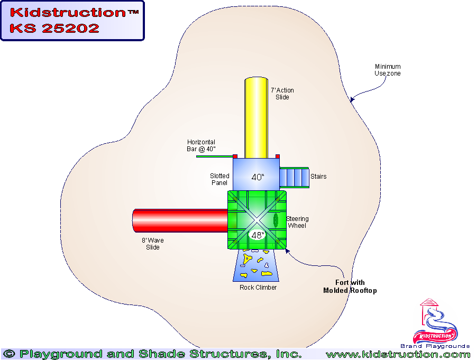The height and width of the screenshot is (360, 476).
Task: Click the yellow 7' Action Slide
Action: pos(256,116)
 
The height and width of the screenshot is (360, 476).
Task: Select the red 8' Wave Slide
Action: pos(180,220)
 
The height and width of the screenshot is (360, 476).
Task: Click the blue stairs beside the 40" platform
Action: pos(294,177)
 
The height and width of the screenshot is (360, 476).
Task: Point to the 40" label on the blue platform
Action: pos(257,177)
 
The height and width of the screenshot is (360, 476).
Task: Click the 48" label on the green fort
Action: pos(257,235)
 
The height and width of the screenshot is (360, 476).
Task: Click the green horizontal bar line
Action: pos(214,156)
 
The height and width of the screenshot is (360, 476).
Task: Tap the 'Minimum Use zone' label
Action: pos(388,70)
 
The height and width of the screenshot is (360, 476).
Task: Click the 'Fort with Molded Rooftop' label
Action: pos(350,287)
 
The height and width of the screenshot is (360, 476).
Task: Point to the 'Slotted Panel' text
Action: pos(219,179)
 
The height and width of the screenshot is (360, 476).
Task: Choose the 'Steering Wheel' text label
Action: pos(297,222)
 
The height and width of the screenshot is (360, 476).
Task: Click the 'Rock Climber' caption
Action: pos(258,288)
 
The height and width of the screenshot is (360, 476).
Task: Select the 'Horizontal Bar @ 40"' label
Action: pos(201,145)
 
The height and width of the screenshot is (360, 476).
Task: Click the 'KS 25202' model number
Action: pos(54,29)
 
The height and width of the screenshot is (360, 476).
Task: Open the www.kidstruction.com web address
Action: pos(398,354)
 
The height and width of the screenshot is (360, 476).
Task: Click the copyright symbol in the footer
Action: pos(9,354)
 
